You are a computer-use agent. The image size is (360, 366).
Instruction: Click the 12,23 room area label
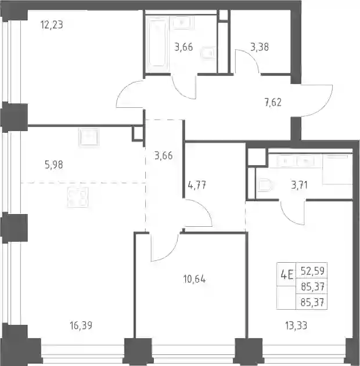[52, 24]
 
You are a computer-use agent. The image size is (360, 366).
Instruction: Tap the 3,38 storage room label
[260, 47]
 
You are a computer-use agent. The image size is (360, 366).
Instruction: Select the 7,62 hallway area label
[273, 102]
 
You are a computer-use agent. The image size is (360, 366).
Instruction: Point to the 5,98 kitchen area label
[54, 165]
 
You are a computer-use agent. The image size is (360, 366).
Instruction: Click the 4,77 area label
[197, 186]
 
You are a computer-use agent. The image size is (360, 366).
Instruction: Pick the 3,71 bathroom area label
[299, 185]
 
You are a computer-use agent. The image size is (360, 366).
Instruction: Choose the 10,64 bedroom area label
[195, 279]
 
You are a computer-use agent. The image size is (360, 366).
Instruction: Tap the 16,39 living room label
[81, 325]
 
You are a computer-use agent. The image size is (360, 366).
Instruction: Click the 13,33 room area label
[296, 325]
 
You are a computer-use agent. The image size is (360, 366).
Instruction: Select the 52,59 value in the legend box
[312, 271]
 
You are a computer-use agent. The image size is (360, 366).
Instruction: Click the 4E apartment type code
[287, 275]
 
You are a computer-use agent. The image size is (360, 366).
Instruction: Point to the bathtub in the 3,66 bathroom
[157, 44]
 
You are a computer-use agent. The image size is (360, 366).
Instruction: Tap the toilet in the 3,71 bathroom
[265, 186]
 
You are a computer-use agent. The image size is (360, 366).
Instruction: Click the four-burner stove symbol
[78, 197]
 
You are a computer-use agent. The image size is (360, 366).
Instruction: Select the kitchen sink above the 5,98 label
[89, 137]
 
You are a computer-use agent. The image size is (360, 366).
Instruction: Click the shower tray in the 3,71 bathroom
[337, 169]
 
